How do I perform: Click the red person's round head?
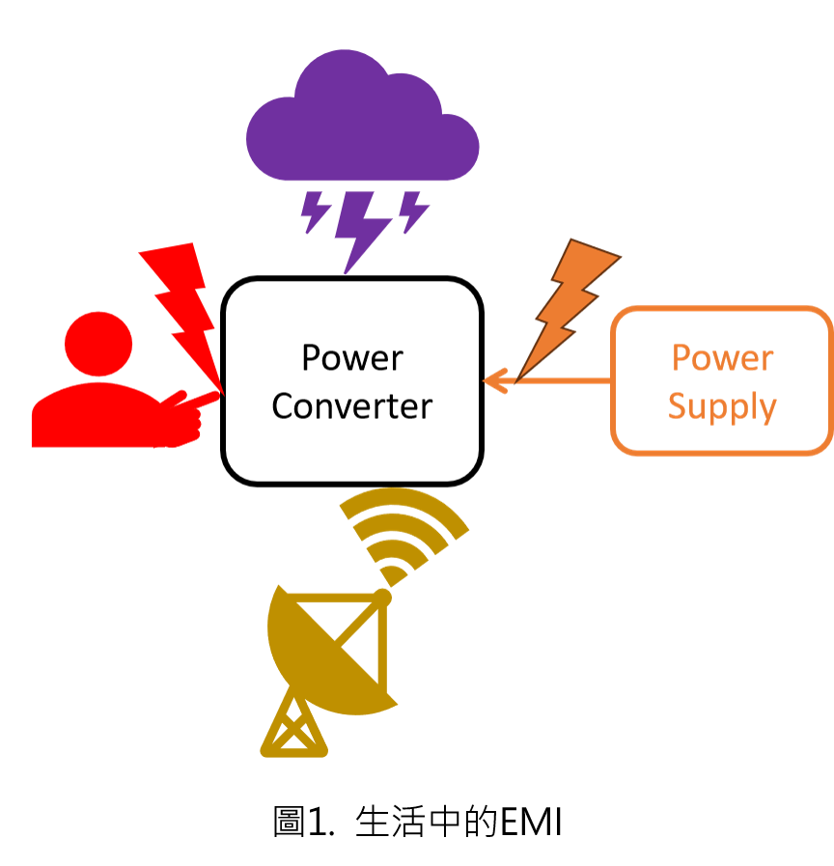[98, 344]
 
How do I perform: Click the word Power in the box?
[722, 358]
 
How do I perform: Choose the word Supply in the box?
[722, 406]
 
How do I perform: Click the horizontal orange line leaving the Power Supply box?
[565, 381]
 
